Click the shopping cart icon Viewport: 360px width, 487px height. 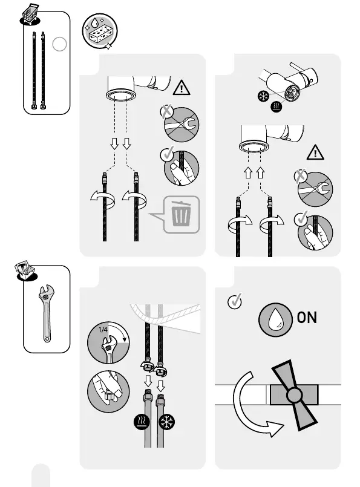tap(30, 14)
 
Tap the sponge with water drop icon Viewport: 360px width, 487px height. tap(100, 31)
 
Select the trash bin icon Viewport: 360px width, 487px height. tap(181, 214)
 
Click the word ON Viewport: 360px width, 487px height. tap(307, 318)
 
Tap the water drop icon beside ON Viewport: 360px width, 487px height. tap(275, 320)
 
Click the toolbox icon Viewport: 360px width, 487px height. tap(26, 271)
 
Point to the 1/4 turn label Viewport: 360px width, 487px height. tap(103, 330)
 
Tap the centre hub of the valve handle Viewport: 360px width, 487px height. tap(294, 395)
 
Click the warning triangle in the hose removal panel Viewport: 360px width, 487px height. tap(182, 88)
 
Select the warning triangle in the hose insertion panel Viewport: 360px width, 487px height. tap(315, 152)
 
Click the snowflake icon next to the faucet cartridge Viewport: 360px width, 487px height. tap(264, 96)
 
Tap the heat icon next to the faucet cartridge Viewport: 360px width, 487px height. tap(276, 106)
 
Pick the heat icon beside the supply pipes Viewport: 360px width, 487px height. tap(142, 422)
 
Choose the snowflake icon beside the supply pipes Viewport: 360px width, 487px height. tap(167, 422)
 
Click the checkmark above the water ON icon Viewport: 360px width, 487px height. tap(235, 301)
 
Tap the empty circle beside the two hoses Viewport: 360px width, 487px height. tap(59, 44)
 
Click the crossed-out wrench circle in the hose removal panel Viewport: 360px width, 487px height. tap(182, 125)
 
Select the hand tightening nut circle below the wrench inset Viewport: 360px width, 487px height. tap(108, 391)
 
